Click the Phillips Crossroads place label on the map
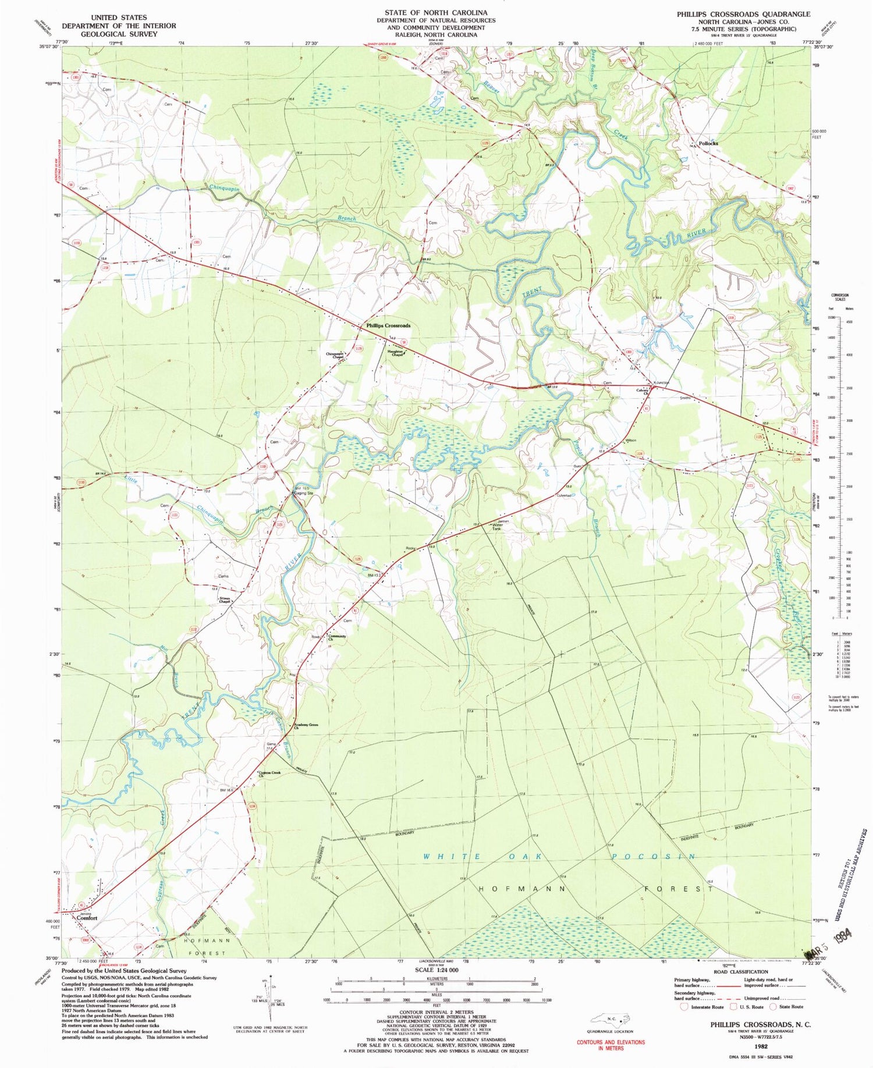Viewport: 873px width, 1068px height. [x=388, y=325]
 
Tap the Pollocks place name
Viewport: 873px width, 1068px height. [x=708, y=143]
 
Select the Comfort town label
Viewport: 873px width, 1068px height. [x=87, y=918]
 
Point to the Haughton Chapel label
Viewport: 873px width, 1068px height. [x=396, y=353]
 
